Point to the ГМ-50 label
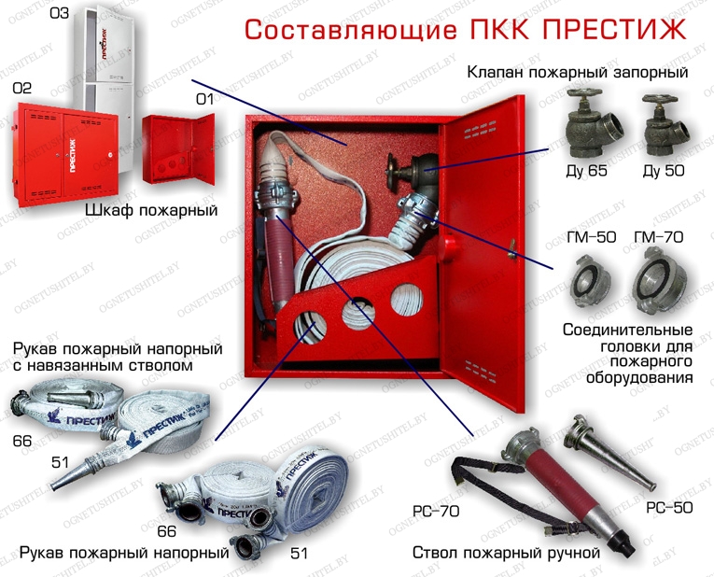(x=591, y=237)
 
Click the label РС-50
(x=669, y=507)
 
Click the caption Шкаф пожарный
(x=151, y=210)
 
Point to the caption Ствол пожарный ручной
(x=505, y=553)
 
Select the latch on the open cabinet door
(x=512, y=247)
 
